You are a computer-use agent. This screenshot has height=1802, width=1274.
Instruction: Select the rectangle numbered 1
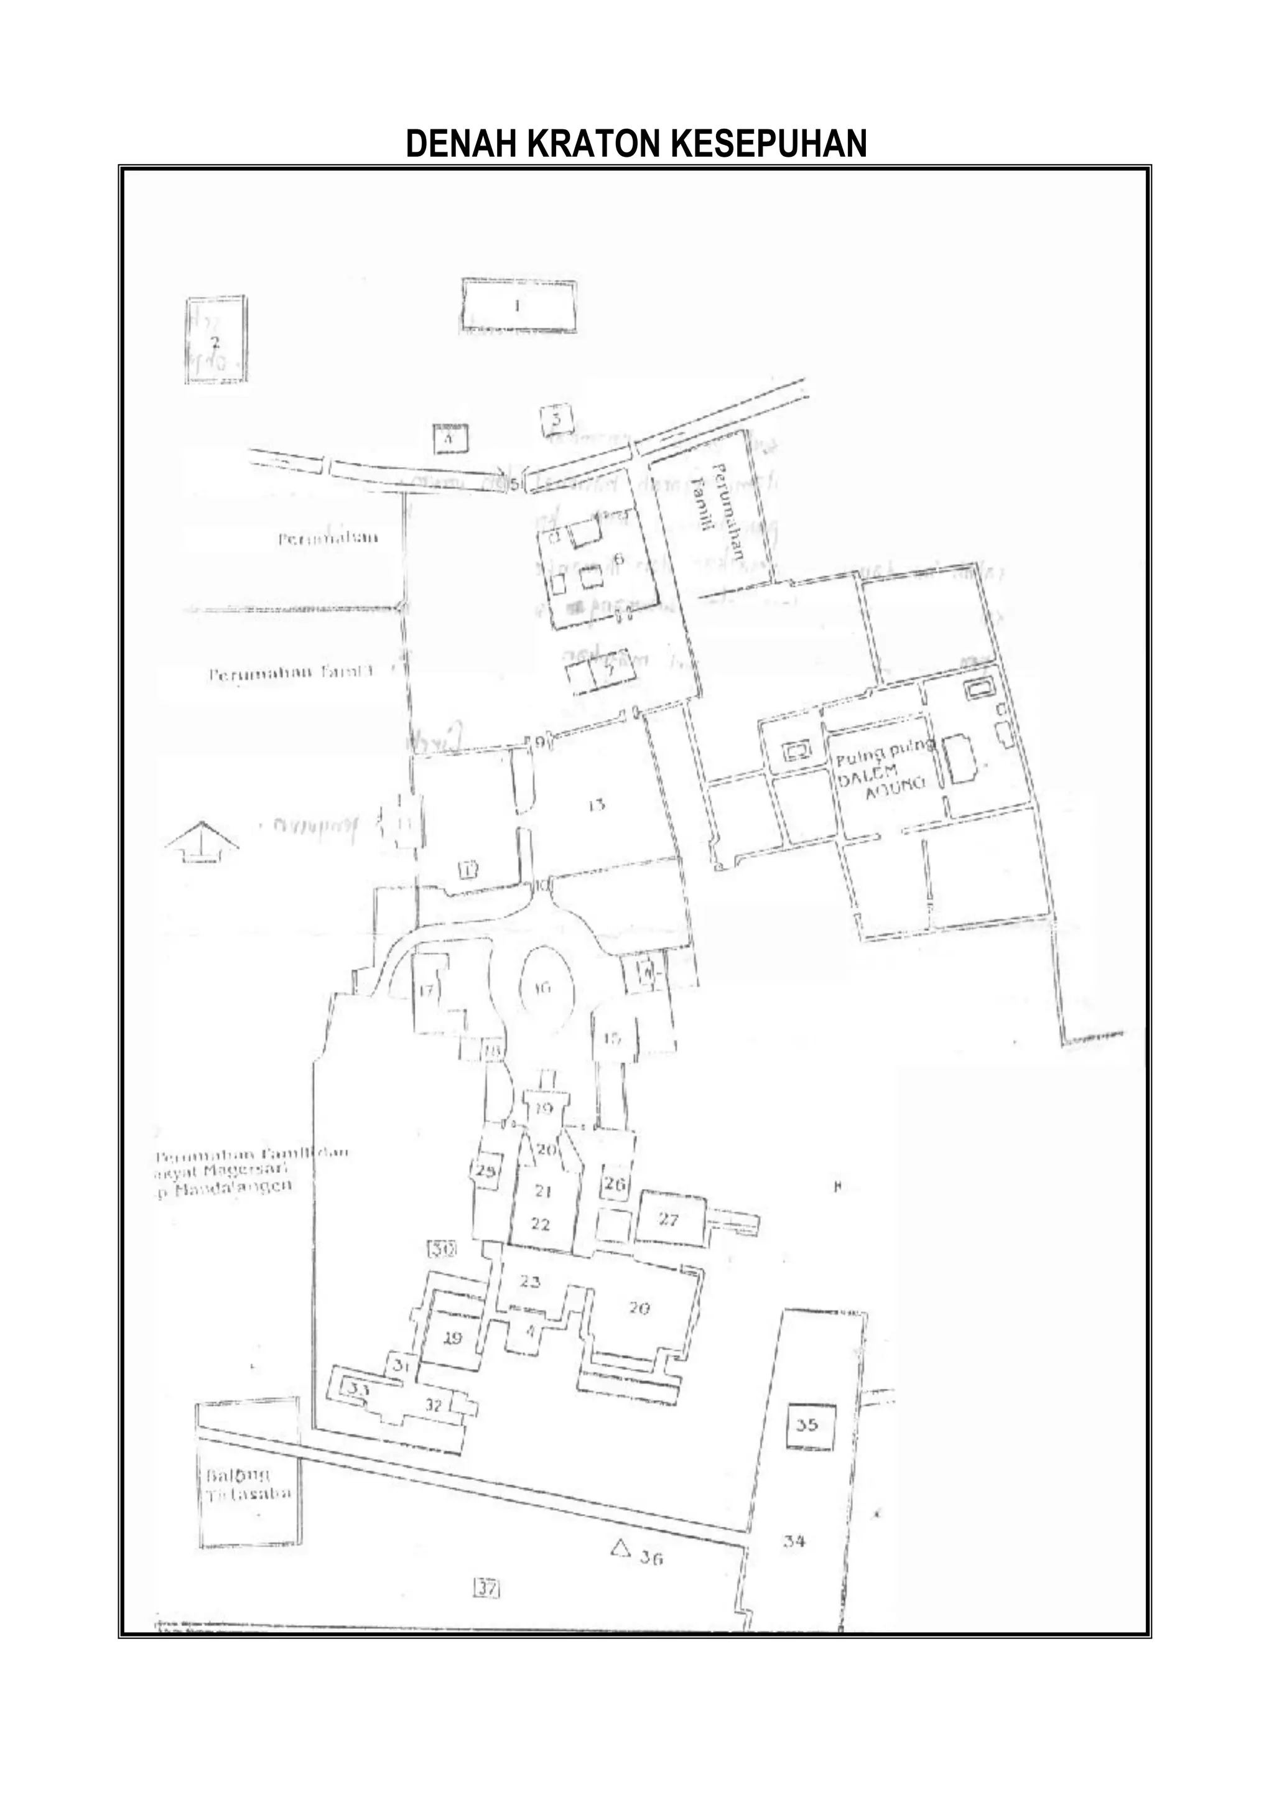click(518, 305)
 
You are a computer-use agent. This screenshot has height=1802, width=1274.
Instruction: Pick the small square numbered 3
click(557, 419)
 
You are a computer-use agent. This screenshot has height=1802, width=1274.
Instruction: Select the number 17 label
click(426, 990)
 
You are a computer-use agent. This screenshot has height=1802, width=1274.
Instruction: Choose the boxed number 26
click(615, 1184)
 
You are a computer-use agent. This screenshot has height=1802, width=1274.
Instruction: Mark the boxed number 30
click(443, 1248)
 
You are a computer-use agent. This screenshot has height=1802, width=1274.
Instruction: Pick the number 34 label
click(794, 1541)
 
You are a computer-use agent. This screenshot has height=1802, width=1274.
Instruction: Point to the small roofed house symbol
click(202, 842)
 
